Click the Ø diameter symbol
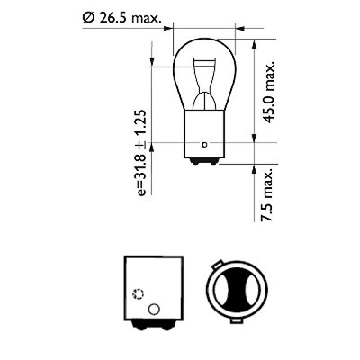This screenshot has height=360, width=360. [88, 15]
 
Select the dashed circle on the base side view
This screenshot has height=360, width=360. [137, 294]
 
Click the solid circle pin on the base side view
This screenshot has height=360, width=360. [152, 310]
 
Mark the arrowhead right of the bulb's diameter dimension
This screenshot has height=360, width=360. [240, 29]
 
